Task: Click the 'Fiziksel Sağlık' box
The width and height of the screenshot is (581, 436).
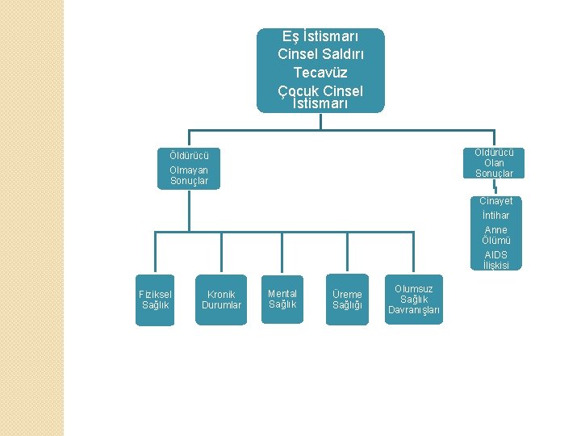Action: coord(155,300)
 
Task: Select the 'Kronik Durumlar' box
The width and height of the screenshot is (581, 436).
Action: coord(221,300)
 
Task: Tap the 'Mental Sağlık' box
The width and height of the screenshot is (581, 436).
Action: coord(282,299)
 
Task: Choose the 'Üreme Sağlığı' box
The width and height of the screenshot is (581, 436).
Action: coord(347,300)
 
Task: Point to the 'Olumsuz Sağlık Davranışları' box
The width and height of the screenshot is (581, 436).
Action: coord(414,300)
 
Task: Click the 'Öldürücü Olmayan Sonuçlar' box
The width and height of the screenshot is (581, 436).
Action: coord(189,169)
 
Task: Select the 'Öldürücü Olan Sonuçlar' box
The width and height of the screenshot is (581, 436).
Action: coord(494,163)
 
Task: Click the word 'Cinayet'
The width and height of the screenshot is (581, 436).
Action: coord(495,201)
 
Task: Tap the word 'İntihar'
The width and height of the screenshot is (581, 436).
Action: coord(495,216)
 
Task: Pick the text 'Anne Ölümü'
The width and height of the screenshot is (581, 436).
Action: coord(495,235)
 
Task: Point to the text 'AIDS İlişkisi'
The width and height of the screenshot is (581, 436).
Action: coord(495,260)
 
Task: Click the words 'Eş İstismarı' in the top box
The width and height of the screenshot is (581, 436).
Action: coord(321,36)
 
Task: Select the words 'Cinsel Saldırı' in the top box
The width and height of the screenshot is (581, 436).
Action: coord(321,54)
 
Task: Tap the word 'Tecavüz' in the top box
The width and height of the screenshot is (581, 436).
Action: coord(321,73)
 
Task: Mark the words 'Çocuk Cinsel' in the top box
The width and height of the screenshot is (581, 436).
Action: coord(321,90)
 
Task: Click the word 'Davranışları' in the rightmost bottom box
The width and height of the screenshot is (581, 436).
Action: coord(414,310)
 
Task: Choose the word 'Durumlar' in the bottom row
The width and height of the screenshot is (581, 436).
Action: coord(221,305)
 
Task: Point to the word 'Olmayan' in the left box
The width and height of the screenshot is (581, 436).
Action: coord(189,170)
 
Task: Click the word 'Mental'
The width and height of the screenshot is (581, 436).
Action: coord(282,293)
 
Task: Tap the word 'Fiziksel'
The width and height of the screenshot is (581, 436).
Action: coord(155,294)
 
